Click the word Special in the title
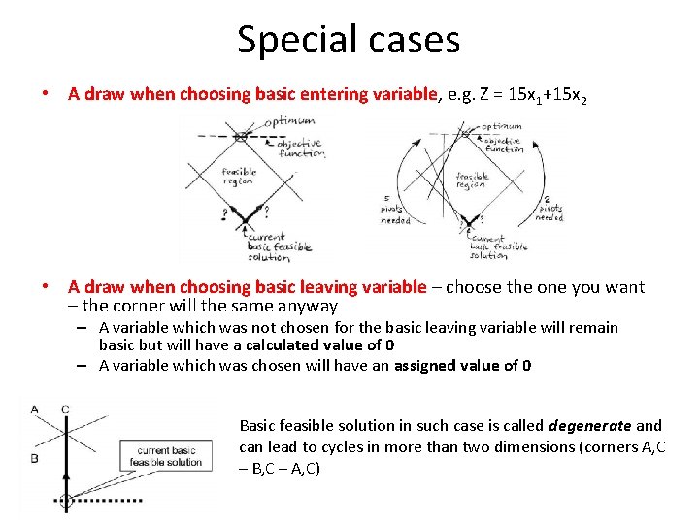[289, 40]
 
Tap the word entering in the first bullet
[346, 94]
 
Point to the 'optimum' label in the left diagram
[290, 121]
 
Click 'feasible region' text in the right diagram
[472, 180]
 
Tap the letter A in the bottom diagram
[35, 409]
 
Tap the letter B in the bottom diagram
[34, 457]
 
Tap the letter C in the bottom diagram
[64, 409]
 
